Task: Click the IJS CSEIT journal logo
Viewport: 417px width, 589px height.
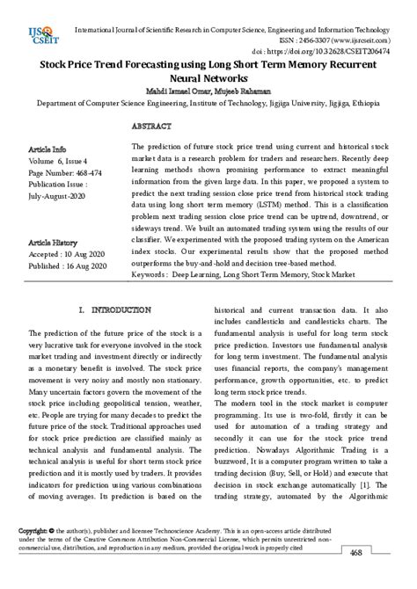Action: click(x=40, y=38)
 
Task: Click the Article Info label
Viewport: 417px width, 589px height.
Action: click(x=48, y=149)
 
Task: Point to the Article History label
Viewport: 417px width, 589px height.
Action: click(x=53, y=241)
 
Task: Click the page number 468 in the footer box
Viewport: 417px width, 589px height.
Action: click(x=381, y=577)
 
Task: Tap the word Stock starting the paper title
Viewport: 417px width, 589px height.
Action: click(x=58, y=65)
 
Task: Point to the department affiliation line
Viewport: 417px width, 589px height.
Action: click(x=208, y=102)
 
